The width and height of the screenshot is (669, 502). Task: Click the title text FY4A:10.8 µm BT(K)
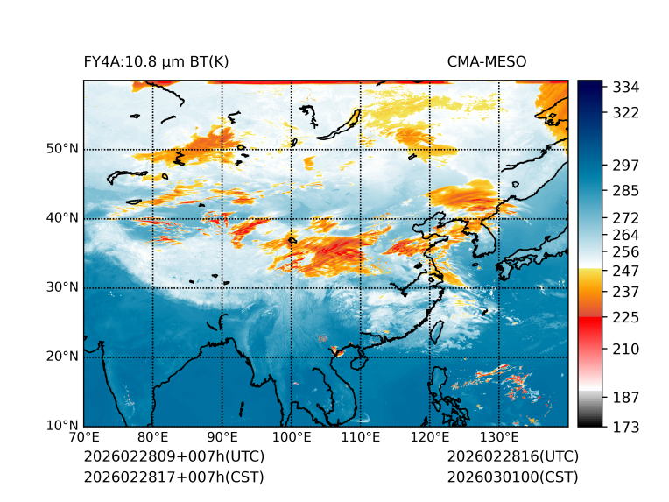157,61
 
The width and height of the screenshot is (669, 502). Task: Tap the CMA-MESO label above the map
487,61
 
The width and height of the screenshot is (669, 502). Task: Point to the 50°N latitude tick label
62,149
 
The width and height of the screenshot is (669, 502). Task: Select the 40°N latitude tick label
62,218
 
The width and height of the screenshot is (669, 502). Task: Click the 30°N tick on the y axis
62,287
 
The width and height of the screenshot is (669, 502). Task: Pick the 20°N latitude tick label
62,357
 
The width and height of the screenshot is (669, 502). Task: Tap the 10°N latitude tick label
62,426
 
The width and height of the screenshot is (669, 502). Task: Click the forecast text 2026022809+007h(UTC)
173,457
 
